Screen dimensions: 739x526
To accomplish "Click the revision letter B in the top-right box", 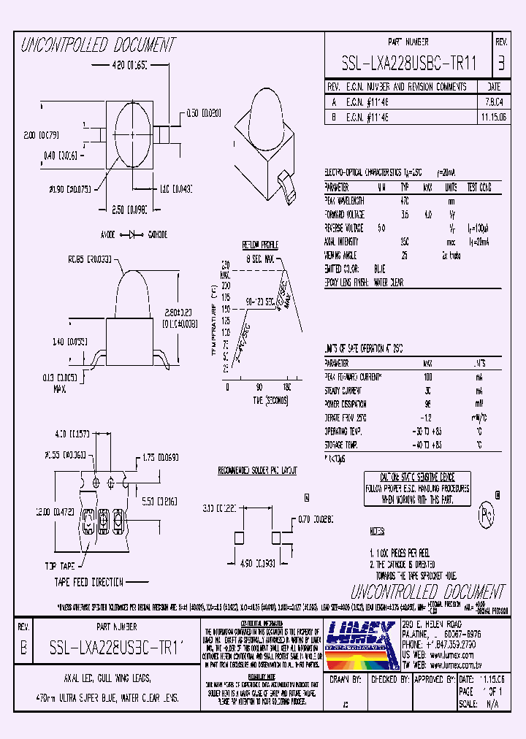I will pos(500,63).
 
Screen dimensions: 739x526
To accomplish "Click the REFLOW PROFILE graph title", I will pos(259,245).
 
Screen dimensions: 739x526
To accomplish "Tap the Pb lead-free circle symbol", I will pos(483,515).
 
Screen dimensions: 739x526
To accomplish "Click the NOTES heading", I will pos(378,532).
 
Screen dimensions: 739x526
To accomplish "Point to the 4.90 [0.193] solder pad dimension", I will pos(259,563).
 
